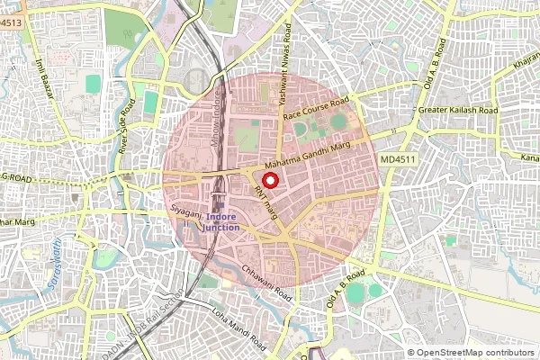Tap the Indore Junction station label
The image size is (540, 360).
(221, 222)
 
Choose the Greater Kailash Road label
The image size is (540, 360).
(458, 110)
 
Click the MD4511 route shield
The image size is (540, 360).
(398, 159)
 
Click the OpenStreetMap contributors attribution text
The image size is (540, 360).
(473, 353)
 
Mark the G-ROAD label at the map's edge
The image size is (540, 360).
(15, 180)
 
